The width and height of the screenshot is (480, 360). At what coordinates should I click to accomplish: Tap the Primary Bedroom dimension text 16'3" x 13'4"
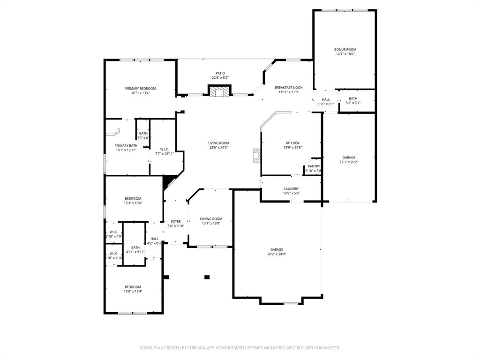point(140,93)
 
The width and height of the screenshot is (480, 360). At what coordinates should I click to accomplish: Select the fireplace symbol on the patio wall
point(219,91)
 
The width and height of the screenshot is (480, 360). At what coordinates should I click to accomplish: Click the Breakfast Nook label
point(288,87)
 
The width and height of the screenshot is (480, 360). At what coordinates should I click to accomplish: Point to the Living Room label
point(219,143)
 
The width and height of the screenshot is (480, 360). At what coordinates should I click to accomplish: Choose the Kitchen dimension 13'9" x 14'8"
point(293,148)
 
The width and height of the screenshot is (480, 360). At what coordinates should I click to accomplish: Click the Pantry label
point(314,166)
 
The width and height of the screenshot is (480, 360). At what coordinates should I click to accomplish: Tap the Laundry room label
point(291,188)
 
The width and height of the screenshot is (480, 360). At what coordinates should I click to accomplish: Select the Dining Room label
point(211,219)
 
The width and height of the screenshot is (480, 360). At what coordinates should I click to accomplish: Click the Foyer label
point(176,221)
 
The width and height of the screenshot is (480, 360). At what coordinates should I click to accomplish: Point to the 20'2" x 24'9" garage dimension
point(277,254)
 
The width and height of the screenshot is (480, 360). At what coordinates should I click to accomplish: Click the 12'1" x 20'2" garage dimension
point(348,162)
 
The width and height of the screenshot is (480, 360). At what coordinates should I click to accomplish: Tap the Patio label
point(220,73)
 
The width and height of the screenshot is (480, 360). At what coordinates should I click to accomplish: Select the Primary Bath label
point(126,146)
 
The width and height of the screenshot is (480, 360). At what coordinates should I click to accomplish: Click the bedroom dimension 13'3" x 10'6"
point(133,203)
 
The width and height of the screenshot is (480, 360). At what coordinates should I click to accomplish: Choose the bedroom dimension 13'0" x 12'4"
point(133,292)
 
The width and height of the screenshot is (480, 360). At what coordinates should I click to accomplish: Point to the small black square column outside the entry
point(207,277)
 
